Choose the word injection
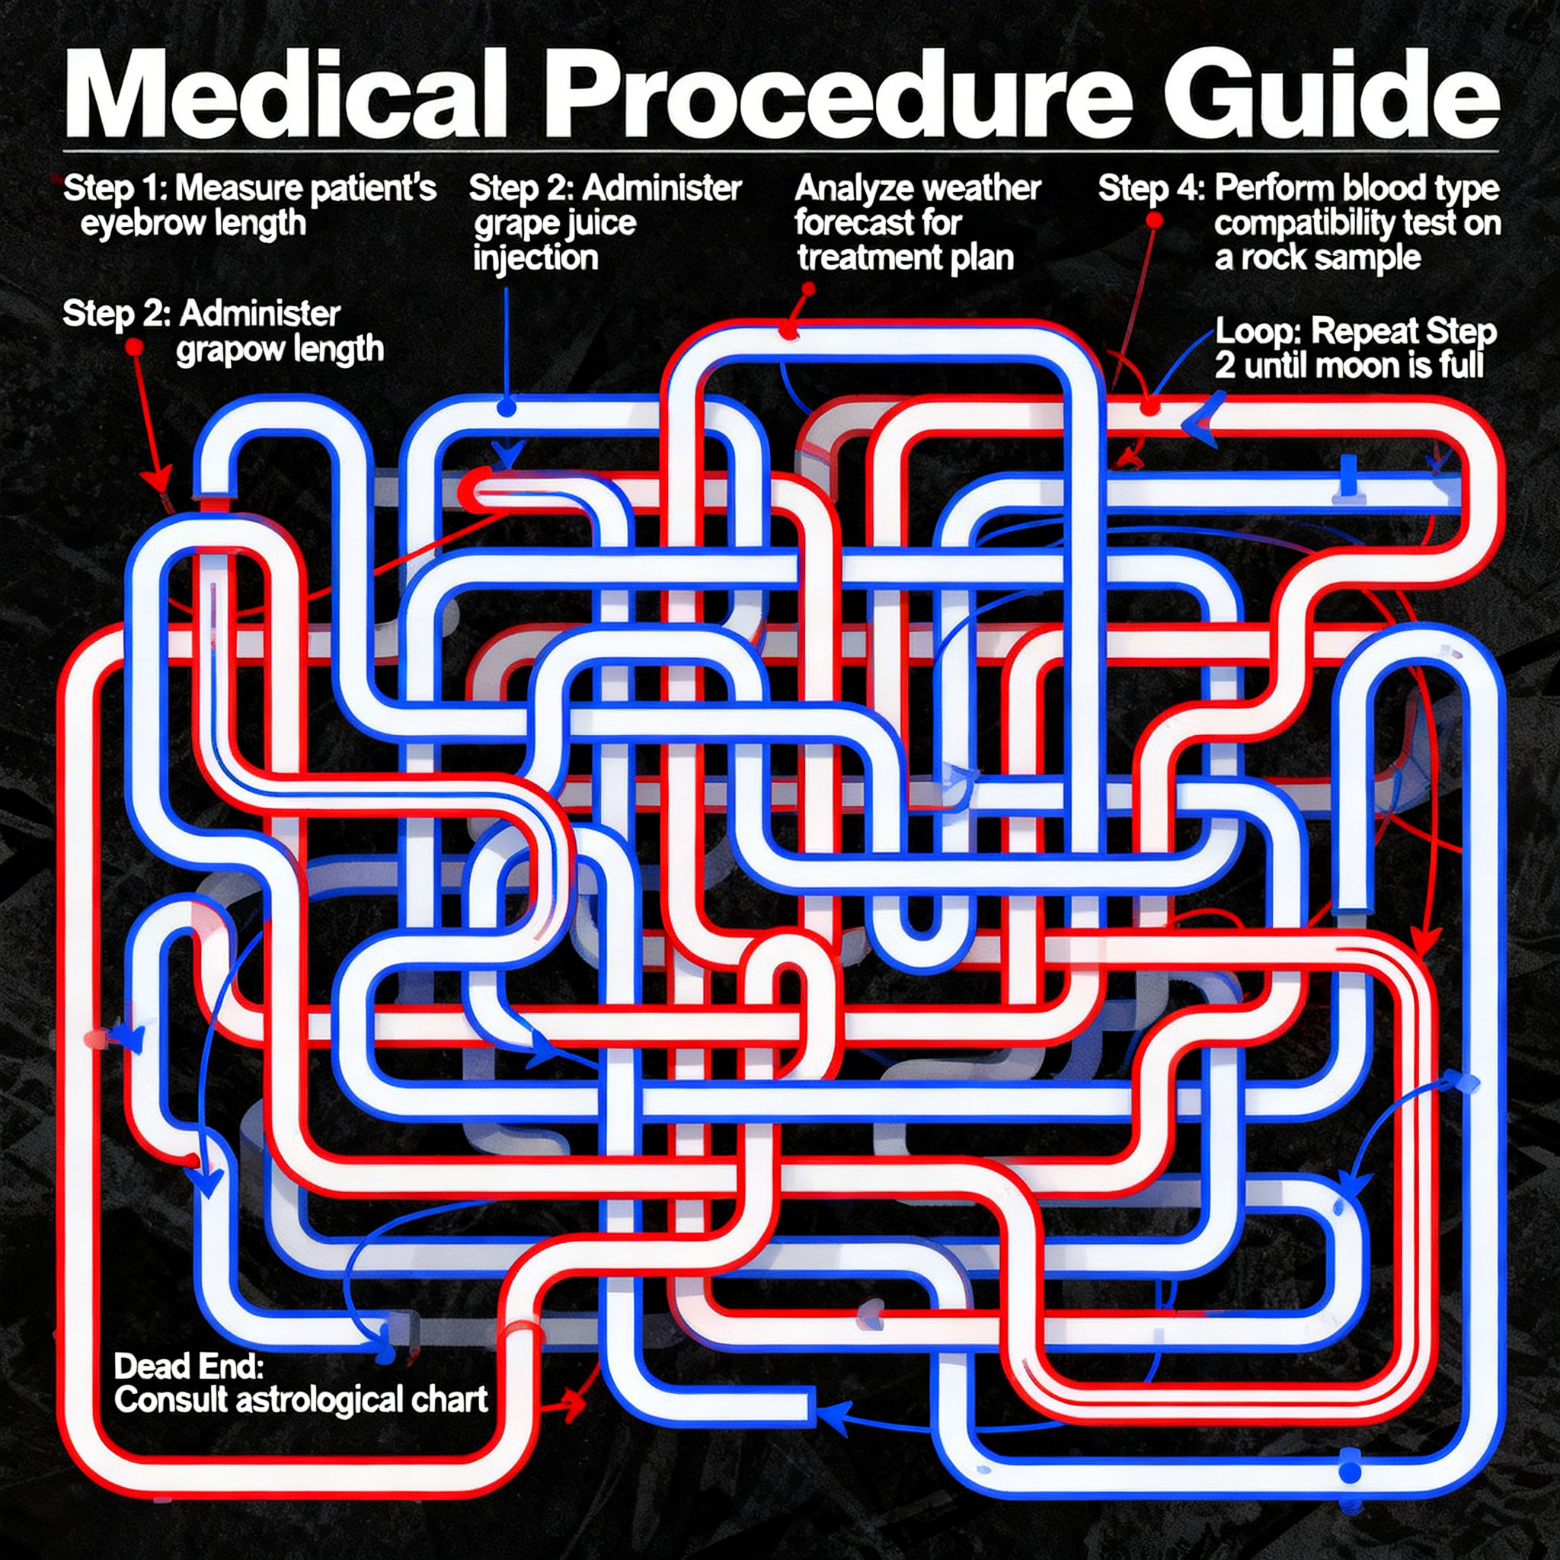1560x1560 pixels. coord(535,258)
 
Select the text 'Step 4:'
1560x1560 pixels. coord(1151,189)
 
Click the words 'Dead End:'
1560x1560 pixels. coord(188,1367)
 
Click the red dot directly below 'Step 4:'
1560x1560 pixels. coord(1155,219)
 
